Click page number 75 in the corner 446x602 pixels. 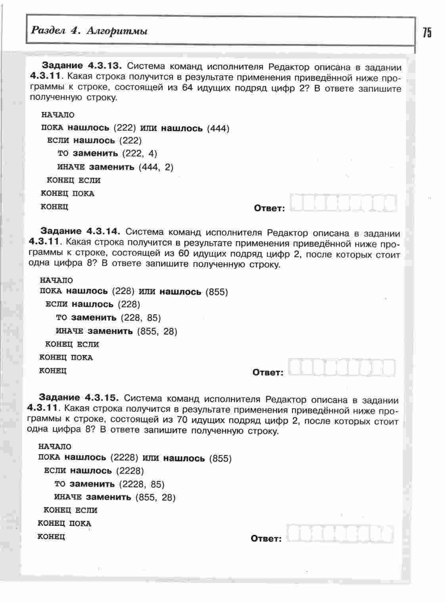[x=427, y=32]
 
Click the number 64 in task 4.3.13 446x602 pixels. [x=188, y=87]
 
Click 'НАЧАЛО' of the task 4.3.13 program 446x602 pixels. [x=58, y=115]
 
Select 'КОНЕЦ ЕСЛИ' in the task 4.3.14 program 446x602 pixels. [x=72, y=344]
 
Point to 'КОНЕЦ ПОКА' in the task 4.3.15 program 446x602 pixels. [x=64, y=523]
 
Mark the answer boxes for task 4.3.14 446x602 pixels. [x=342, y=368]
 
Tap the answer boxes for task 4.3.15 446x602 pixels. [x=341, y=533]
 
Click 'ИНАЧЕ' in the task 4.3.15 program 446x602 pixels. [x=68, y=497]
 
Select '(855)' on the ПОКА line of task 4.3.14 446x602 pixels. [x=217, y=292]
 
